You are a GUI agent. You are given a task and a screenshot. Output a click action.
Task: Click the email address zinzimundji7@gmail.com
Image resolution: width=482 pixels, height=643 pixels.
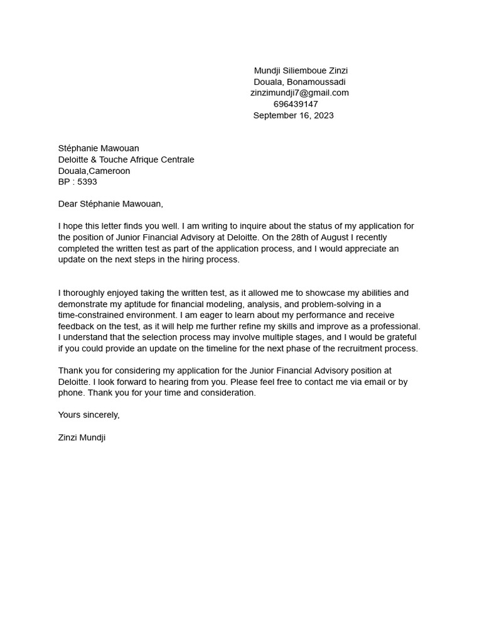(x=299, y=93)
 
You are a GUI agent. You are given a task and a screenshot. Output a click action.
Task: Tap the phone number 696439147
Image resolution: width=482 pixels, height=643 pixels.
(x=296, y=104)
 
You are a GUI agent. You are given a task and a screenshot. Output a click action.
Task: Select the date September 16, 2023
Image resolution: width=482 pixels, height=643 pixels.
(x=293, y=116)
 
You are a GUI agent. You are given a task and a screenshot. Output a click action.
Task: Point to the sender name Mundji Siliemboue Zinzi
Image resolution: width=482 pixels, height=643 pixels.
(x=301, y=70)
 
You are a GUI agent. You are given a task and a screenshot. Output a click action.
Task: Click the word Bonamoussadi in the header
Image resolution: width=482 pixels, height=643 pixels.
(x=316, y=82)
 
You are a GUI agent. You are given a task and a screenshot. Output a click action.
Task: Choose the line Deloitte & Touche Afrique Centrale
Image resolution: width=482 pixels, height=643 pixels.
(x=126, y=159)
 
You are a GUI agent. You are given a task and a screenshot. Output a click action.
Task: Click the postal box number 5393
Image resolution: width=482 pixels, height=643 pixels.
(x=87, y=182)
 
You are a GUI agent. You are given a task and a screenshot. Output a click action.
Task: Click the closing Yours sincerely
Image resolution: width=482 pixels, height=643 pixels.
(x=88, y=415)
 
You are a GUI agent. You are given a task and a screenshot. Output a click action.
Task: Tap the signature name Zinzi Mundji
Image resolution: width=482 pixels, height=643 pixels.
(x=82, y=438)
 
